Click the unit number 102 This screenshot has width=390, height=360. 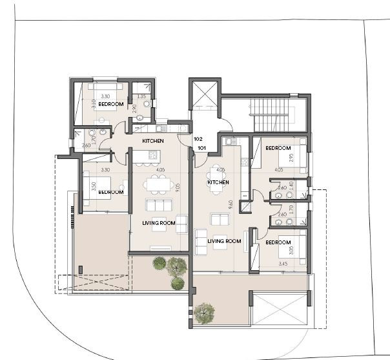click(x=198, y=139)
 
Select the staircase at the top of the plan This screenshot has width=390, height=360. click(x=271, y=115)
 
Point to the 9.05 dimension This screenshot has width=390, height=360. click(x=177, y=187)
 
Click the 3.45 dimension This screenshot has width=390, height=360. click(x=282, y=264)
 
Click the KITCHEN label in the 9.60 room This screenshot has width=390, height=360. click(x=218, y=183)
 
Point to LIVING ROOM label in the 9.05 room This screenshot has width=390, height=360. click(x=159, y=223)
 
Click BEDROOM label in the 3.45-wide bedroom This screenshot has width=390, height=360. click(x=278, y=242)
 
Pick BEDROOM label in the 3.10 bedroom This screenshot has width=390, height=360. click(x=111, y=104)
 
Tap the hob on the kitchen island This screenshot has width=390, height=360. click(x=153, y=155)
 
